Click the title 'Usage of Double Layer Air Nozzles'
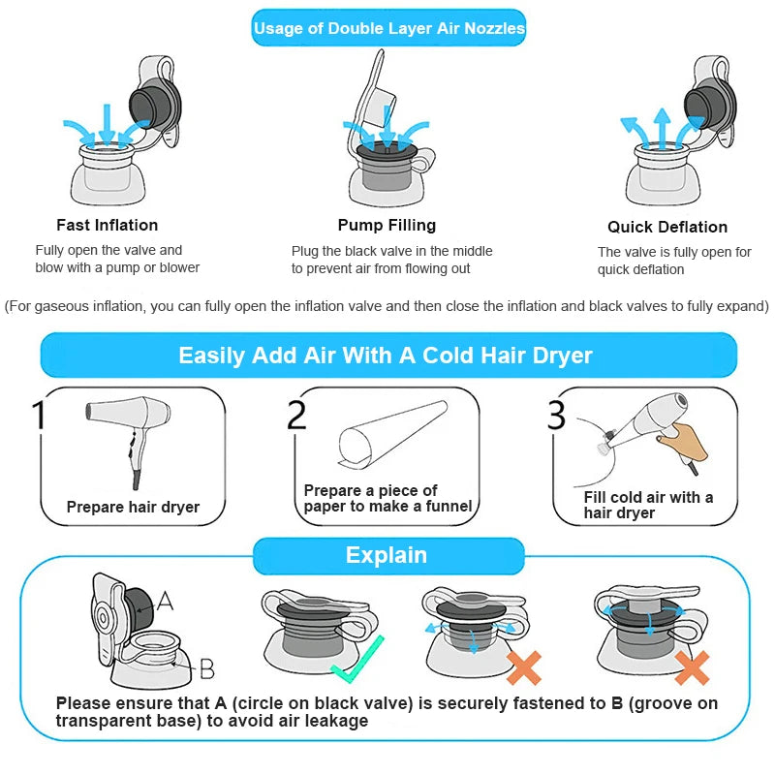[x=389, y=28]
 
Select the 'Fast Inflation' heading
[x=108, y=225]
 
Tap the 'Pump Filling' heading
[x=387, y=225]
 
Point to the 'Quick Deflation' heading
[x=667, y=227]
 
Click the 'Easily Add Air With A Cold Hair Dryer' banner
[x=388, y=355]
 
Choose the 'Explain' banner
[x=388, y=555]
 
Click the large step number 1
[x=39, y=415]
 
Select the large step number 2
[x=296, y=415]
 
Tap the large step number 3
[x=556, y=415]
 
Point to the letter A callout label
[x=165, y=601]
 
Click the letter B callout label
[x=206, y=668]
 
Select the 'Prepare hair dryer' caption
[x=133, y=507]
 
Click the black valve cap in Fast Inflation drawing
[x=154, y=104]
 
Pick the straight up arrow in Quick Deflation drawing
[x=662, y=128]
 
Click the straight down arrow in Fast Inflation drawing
[x=107, y=124]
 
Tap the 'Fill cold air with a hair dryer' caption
[x=648, y=505]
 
